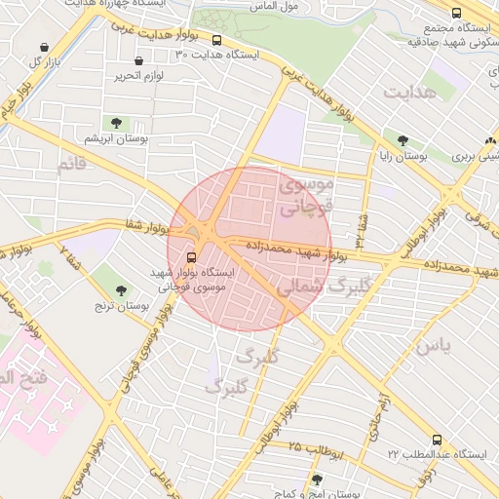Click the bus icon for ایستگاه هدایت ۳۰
[x=216, y=41]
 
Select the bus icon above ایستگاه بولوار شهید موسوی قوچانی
[x=190, y=258]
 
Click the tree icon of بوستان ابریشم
[x=117, y=123]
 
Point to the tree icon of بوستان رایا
[x=403, y=140]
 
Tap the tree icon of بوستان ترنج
[x=122, y=290]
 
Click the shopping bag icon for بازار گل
[x=44, y=47]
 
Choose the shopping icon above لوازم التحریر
[x=139, y=60]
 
